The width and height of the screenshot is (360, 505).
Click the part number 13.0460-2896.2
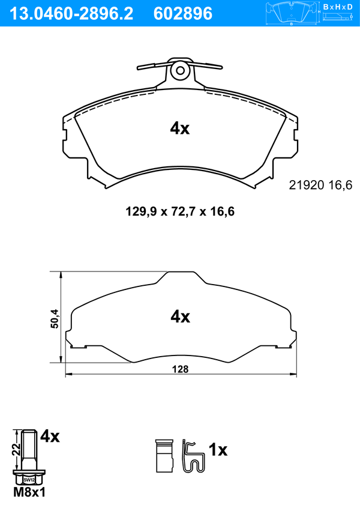tap(71, 14)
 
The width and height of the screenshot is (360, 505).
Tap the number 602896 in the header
tap(183, 14)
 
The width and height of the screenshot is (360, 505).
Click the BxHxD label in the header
tap(337, 7)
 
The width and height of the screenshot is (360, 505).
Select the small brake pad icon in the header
tap(291, 13)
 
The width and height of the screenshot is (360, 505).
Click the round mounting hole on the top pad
tap(180, 70)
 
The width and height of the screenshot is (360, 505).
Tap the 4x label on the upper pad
tap(180, 129)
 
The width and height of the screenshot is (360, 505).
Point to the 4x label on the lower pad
tap(180, 316)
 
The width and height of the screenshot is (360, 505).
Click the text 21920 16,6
tap(320, 185)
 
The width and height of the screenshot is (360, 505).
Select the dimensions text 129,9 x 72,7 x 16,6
tap(180, 211)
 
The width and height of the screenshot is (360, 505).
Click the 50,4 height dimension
tap(55, 318)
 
